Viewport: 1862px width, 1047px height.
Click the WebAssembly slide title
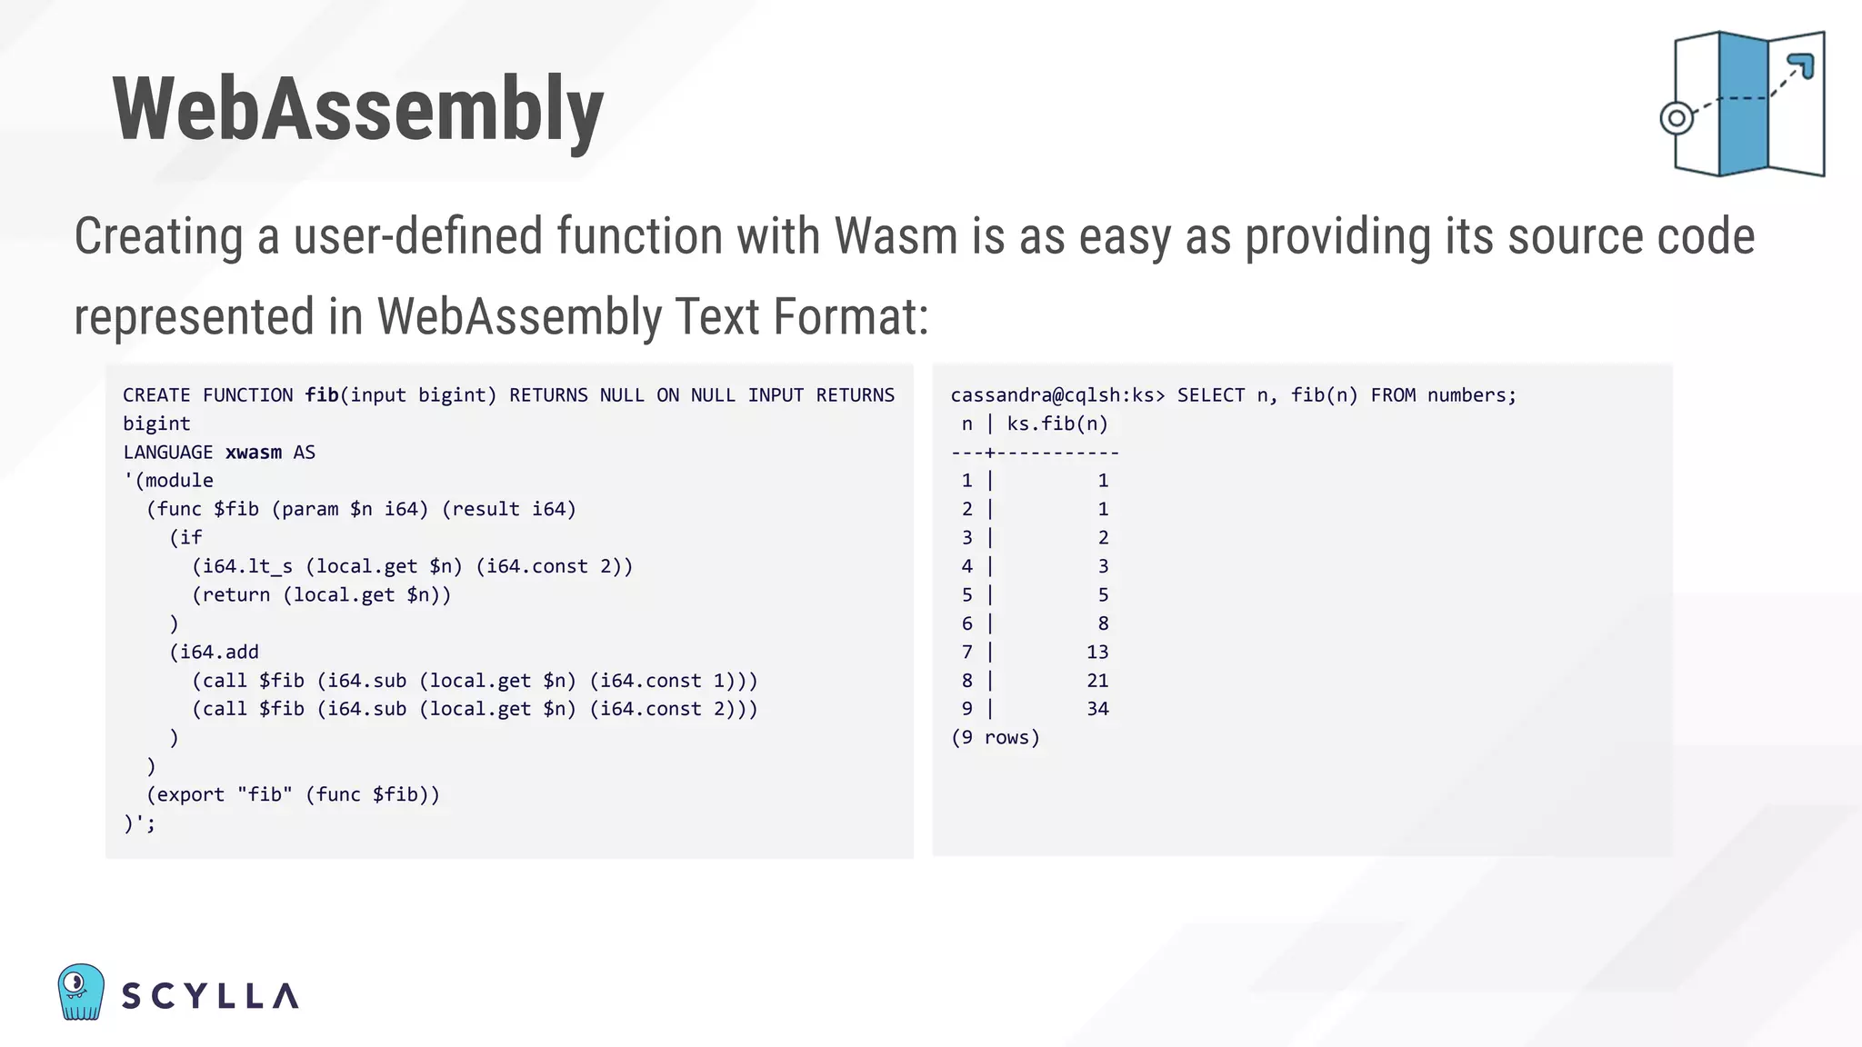[x=357, y=110]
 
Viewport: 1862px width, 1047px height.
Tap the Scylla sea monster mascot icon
[x=81, y=992]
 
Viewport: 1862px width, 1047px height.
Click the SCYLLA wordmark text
[x=210, y=996]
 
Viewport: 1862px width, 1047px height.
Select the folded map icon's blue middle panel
[x=1743, y=104]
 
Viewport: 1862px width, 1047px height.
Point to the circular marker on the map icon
[x=1677, y=118]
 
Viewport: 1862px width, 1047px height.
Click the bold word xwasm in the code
[x=253, y=453]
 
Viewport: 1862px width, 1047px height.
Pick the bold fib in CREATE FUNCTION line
[x=322, y=395]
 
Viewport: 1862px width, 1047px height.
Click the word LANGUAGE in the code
[x=168, y=453]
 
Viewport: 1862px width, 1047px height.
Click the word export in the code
[x=191, y=795]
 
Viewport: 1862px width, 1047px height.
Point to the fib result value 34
[x=1097, y=709]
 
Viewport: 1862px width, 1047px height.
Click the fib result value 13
[x=1097, y=653]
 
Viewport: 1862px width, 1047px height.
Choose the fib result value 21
[x=1097, y=681]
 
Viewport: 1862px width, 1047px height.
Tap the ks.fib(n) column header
[x=1057, y=424]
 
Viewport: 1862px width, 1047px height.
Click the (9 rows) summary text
[x=996, y=738]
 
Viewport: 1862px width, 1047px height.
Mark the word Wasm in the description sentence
[x=896, y=237]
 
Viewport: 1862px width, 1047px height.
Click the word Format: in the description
[x=850, y=317]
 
